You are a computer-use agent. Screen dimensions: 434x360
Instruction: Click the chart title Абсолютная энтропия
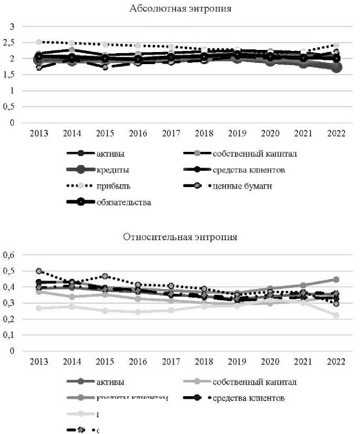(180, 9)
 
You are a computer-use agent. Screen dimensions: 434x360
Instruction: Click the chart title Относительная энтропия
(180, 236)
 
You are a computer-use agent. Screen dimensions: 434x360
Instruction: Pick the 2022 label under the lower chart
(336, 362)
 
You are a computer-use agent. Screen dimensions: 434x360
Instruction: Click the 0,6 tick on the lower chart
(11, 255)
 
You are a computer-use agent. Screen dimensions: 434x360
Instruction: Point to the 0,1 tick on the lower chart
(11, 335)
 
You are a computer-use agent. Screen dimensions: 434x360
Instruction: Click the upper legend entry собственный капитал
(255, 153)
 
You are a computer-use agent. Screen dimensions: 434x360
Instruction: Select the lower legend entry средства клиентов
(249, 398)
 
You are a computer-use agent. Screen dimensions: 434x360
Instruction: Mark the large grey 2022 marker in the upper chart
(336, 67)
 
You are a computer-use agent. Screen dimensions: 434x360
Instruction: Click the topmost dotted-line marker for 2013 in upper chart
(39, 42)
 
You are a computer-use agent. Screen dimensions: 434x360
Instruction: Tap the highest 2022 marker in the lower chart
(336, 280)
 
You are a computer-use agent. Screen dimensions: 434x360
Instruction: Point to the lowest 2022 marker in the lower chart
(336, 315)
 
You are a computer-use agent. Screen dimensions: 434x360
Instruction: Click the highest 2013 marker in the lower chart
(39, 271)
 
